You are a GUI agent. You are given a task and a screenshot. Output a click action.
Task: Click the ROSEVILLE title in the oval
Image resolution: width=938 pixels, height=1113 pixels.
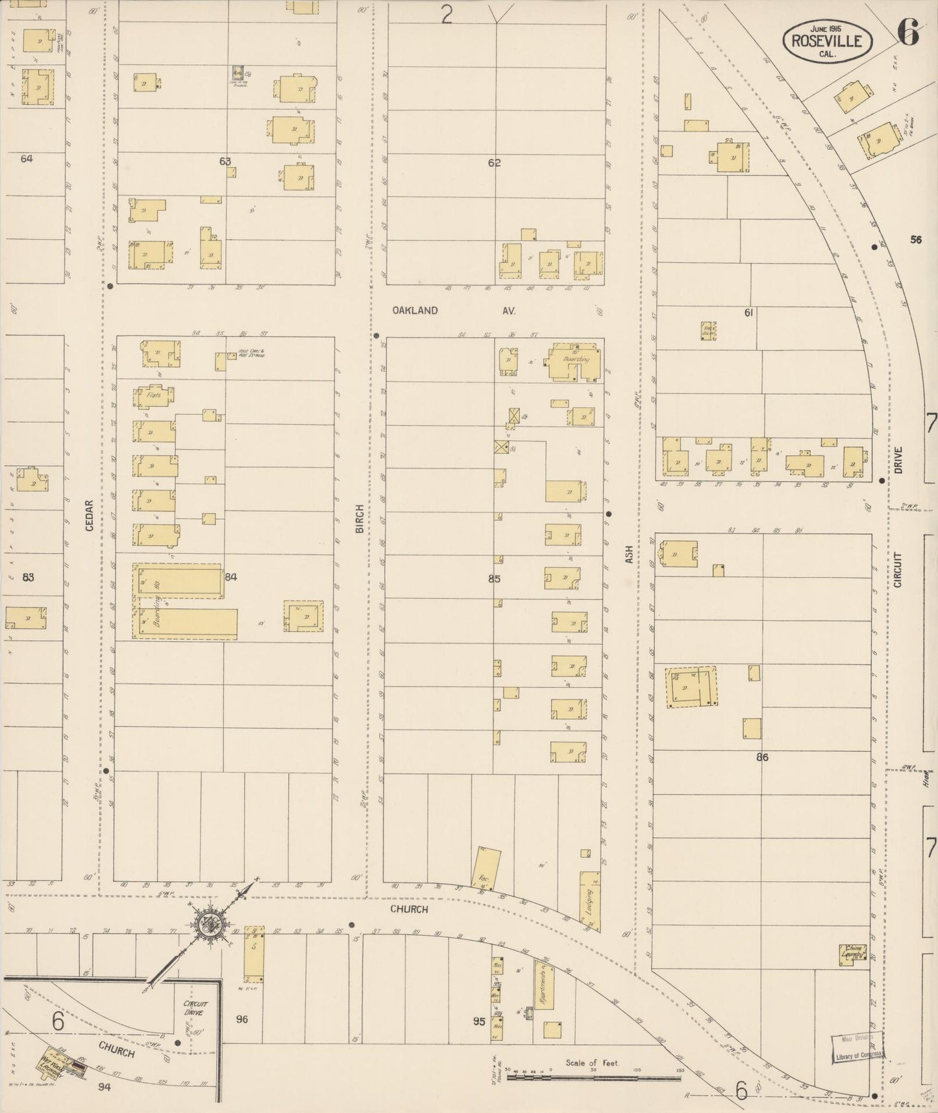click(x=826, y=41)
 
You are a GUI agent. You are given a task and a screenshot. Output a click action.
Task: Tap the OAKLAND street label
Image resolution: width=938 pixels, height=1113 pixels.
click(x=415, y=310)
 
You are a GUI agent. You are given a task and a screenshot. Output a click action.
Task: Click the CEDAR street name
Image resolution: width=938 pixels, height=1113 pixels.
click(x=90, y=515)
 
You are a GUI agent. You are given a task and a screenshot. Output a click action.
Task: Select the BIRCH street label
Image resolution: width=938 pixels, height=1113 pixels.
click(x=360, y=519)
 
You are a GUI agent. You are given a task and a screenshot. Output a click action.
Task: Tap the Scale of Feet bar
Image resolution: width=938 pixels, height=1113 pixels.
click(x=593, y=1076)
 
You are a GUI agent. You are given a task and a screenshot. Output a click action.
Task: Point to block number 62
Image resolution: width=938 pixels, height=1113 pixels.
click(x=495, y=163)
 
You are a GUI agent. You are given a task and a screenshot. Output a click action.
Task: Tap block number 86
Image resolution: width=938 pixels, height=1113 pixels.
click(x=762, y=757)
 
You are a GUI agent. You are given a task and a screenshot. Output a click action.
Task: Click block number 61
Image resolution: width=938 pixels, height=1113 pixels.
click(x=748, y=313)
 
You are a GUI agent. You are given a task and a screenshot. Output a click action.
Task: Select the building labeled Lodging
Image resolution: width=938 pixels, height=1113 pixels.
click(x=589, y=905)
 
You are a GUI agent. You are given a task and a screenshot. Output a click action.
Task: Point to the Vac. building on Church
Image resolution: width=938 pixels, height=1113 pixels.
click(x=486, y=868)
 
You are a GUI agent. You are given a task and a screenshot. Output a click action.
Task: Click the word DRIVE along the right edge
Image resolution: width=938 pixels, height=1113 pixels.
click(x=898, y=460)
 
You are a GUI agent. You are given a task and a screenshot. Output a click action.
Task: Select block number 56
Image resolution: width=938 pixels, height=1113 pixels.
click(x=915, y=240)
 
